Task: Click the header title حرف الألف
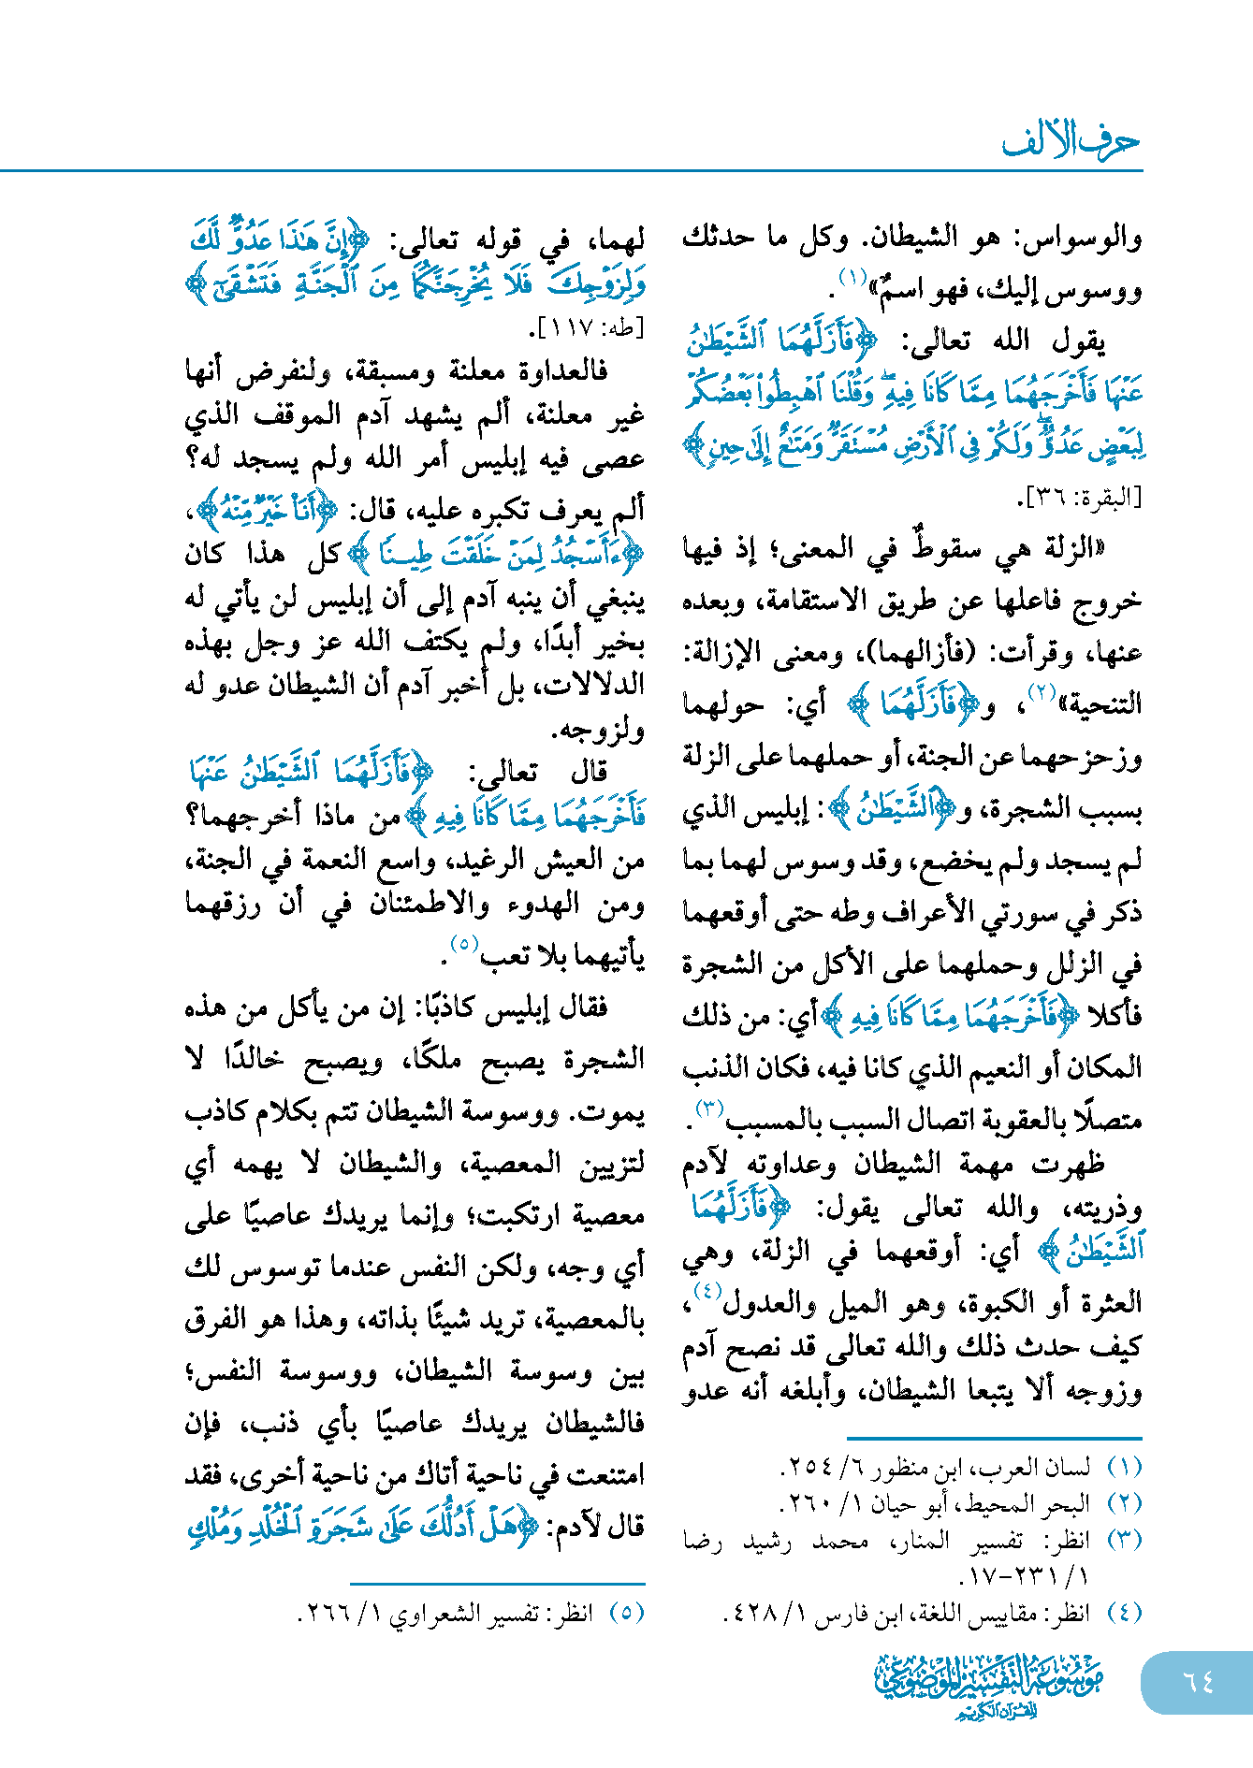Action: (x=1071, y=142)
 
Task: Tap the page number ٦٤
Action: (x=1198, y=1681)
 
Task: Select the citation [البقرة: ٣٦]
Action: (x=1079, y=498)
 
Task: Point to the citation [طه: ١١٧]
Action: (x=587, y=328)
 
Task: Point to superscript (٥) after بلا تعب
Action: (x=464, y=944)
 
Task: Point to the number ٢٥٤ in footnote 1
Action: (x=805, y=1468)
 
